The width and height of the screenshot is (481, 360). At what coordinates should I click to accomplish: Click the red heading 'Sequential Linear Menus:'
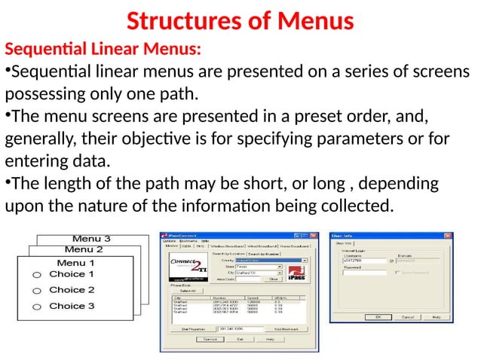(103, 50)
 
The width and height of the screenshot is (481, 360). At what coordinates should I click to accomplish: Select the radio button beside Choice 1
(35, 276)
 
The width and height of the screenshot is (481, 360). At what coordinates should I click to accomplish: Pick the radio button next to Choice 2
(35, 291)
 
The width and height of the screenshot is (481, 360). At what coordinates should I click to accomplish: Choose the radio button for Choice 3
(35, 307)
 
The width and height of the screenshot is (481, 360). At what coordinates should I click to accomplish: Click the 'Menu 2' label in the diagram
(84, 249)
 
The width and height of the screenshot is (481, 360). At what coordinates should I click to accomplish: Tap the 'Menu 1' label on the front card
(76, 263)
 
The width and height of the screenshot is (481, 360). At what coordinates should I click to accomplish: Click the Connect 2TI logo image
(182, 269)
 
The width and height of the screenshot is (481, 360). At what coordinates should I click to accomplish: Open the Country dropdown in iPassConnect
(305, 260)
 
